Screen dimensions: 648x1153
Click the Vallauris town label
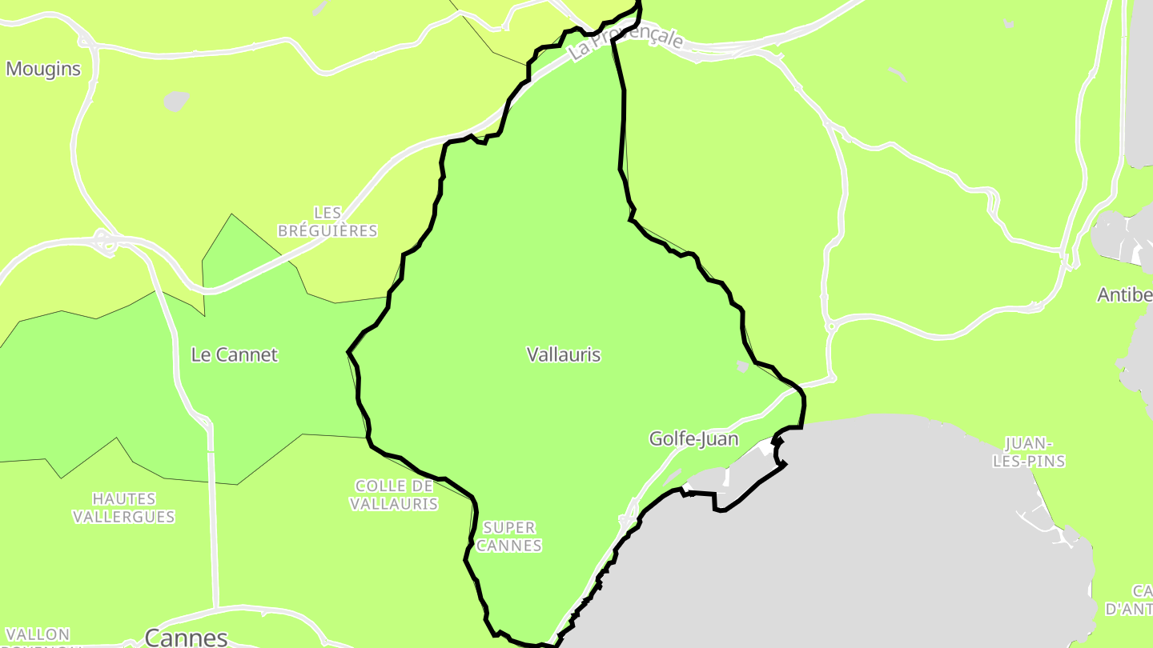pos(564,354)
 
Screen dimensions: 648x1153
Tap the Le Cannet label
pos(234,354)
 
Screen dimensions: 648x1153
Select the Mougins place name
pos(43,69)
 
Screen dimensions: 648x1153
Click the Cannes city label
pos(186,637)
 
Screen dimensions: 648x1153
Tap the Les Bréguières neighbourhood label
pos(327,222)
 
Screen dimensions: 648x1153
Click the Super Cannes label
pos(510,537)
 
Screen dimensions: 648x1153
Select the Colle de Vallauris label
pos(394,494)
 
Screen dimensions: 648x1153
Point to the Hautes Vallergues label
pos(124,508)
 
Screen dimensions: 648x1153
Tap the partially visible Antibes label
pos(1125,295)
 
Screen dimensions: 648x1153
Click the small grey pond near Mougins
pos(176,101)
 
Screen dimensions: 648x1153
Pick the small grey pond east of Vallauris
pos(743,366)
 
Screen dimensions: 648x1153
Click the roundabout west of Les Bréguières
pos(102,238)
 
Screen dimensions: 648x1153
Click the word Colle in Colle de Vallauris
pos(375,486)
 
